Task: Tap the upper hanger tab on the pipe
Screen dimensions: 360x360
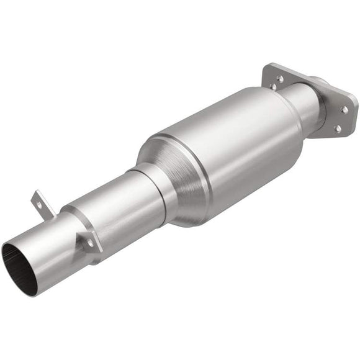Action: pos(39,200)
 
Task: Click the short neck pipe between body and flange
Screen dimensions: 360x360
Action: pos(304,106)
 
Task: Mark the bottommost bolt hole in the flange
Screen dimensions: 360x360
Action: pos(338,128)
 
